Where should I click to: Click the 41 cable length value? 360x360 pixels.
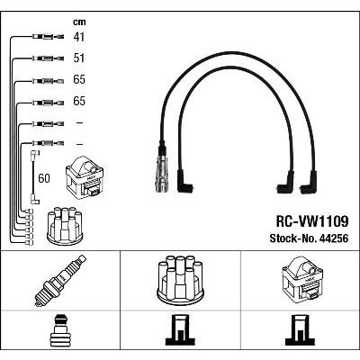click(x=79, y=37)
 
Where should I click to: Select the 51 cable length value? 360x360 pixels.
click(x=79, y=58)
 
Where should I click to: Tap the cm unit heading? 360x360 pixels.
click(x=79, y=22)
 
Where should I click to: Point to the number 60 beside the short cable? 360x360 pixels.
click(x=44, y=178)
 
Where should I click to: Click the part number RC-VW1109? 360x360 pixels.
click(x=312, y=222)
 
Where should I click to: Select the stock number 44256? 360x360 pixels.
click(x=334, y=238)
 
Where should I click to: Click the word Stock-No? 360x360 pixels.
click(x=293, y=238)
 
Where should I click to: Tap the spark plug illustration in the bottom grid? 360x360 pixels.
click(x=60, y=281)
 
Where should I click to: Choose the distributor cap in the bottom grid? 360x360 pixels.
click(x=180, y=279)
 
